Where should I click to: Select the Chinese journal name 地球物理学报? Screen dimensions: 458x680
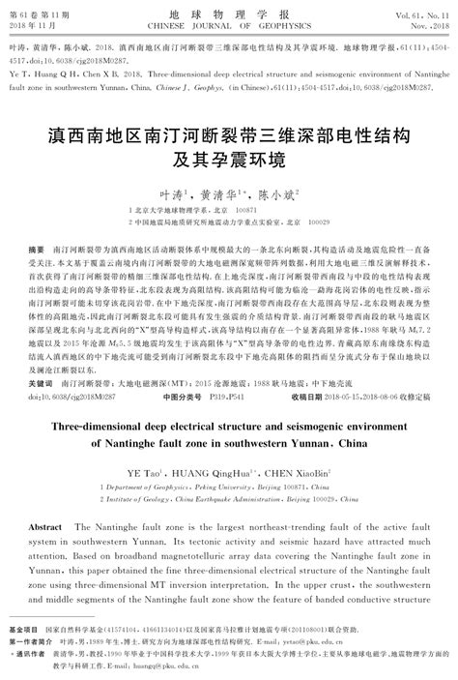tap(229, 7)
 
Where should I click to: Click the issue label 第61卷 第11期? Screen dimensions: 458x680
tap(35, 8)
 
